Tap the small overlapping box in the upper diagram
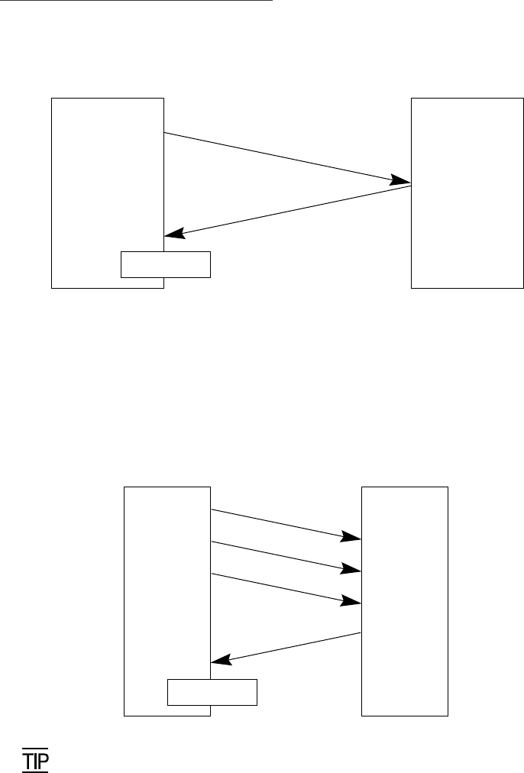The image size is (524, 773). [165, 264]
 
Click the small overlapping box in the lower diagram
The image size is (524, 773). [212, 691]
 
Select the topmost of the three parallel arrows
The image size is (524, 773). [283, 523]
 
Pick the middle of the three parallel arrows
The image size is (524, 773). [283, 556]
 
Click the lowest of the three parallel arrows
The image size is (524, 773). [283, 588]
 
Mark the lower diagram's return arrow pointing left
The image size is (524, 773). [286, 648]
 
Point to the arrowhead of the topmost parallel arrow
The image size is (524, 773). [351, 537]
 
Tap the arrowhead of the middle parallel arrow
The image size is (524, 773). [351, 569]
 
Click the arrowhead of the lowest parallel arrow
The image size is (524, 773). [351, 601]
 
